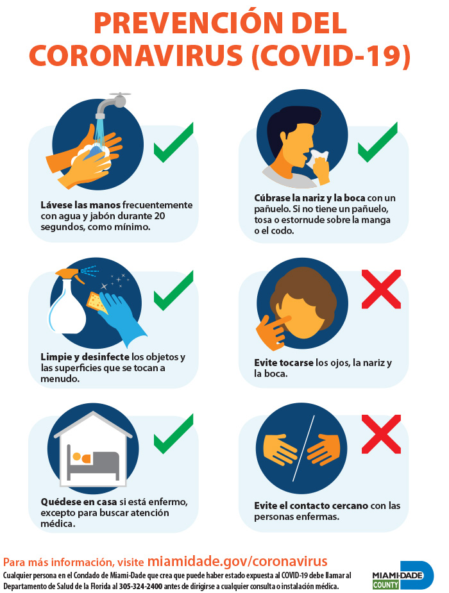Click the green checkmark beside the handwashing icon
173,144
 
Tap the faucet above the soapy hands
112,103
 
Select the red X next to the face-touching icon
381,289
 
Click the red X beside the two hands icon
381,434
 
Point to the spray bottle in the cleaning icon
67,303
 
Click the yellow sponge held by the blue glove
97,302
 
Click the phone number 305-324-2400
140,587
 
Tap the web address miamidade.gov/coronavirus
237,562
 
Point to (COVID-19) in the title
331,56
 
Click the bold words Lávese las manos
81,205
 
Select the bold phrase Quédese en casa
79,502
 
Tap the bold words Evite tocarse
284,363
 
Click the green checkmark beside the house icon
173,434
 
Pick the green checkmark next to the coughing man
378,142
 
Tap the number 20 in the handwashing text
160,216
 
